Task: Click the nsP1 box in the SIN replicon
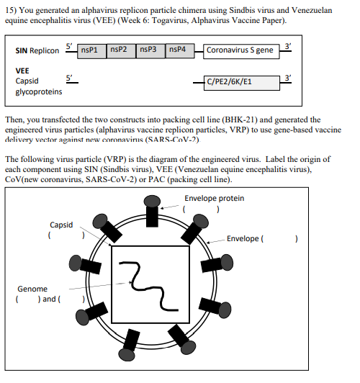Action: click(91, 50)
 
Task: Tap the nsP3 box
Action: click(150, 50)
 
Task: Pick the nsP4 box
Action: click(179, 50)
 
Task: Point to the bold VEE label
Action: click(22, 71)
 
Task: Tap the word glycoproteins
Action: click(39, 91)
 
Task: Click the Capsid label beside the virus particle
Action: click(61, 225)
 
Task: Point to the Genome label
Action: click(32, 289)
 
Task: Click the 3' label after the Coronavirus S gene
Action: click(288, 45)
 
